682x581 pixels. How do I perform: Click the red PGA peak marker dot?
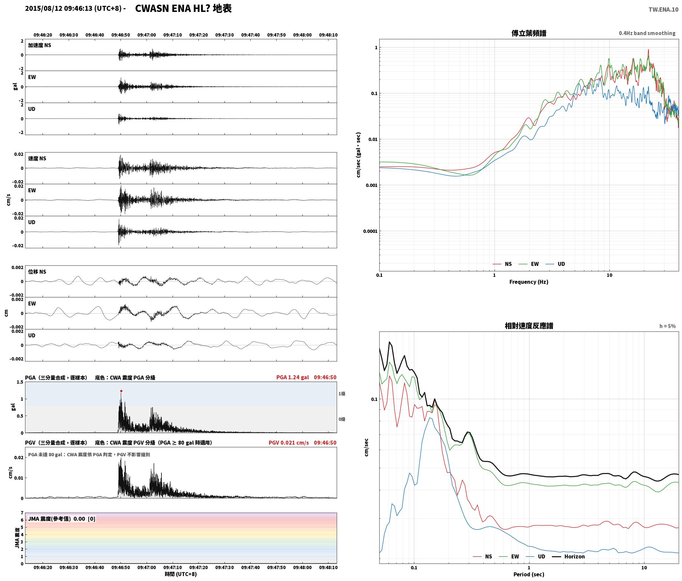point(121,391)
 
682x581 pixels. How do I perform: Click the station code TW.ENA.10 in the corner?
point(664,10)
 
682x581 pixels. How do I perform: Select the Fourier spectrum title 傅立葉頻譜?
point(529,33)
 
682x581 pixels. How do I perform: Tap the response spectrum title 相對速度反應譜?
point(529,326)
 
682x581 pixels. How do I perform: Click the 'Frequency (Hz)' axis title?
point(529,282)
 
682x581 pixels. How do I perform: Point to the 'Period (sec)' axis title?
point(529,574)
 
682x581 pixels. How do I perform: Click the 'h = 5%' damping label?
point(667,326)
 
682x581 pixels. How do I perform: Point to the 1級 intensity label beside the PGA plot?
point(342,393)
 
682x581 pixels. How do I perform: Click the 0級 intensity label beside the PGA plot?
point(342,419)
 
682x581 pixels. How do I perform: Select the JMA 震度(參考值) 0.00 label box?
point(62,519)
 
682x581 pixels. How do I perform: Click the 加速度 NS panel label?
point(40,45)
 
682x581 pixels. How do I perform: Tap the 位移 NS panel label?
point(37,272)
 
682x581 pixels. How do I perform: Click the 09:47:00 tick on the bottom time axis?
point(147,567)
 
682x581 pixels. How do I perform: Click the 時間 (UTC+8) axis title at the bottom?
point(181,574)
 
